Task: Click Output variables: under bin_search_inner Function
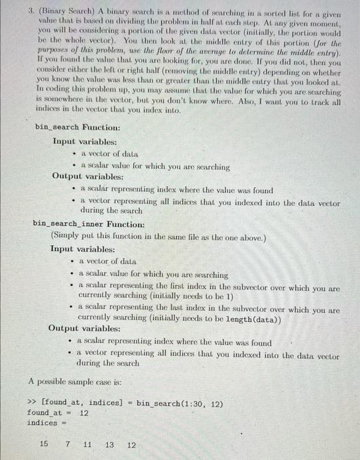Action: click(x=84, y=328)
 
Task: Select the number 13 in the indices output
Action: click(x=110, y=444)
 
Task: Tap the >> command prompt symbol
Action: click(x=31, y=401)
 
